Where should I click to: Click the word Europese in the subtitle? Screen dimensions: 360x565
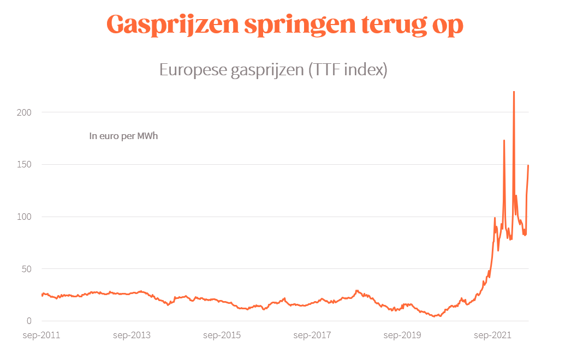193,70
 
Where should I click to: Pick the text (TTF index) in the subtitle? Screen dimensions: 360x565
347,70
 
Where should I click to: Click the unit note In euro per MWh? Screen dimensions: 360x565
123,136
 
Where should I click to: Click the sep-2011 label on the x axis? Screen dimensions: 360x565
41,335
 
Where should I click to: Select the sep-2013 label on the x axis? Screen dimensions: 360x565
132,335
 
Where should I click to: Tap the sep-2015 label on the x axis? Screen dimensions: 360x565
222,335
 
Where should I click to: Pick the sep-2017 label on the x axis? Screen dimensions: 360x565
312,335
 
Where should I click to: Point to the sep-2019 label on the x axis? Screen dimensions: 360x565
402,335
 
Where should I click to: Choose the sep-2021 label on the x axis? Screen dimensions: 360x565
491,335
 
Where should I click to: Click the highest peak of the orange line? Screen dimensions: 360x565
514,92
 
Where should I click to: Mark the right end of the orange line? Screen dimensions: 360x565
528,165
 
